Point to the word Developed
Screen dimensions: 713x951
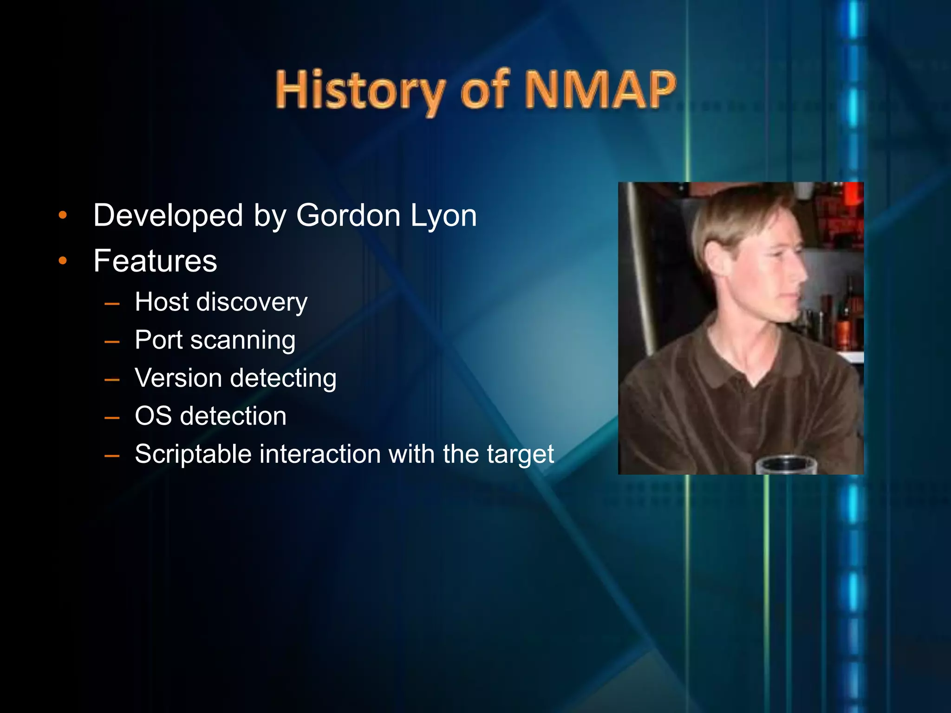click(x=168, y=216)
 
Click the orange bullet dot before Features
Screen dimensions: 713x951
click(x=63, y=261)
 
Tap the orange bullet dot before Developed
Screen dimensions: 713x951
click(x=63, y=215)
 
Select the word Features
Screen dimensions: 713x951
click(x=155, y=261)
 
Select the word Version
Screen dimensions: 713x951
click(x=178, y=378)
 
